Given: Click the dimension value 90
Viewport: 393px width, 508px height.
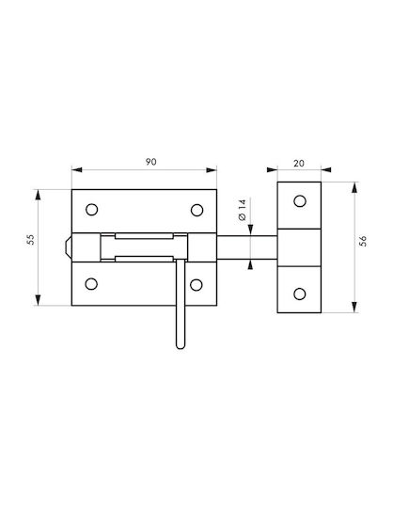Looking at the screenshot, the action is [150, 162].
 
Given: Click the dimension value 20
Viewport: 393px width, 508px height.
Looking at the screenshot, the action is [299, 164].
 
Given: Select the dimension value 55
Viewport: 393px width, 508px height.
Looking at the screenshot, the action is [30, 240].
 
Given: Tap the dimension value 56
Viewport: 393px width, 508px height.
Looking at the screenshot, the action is [363, 241].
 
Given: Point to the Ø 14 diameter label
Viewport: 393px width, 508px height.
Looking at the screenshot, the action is [243, 210].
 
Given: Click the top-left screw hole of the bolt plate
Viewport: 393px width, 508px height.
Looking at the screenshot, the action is [92, 210].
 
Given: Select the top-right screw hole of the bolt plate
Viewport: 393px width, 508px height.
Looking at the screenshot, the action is [196, 210].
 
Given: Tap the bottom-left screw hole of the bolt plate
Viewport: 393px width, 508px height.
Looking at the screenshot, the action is [91, 284].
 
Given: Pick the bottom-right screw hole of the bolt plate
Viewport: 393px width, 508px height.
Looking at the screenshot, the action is [196, 285].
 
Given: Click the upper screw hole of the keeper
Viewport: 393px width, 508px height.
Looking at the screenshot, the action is [300, 201].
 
